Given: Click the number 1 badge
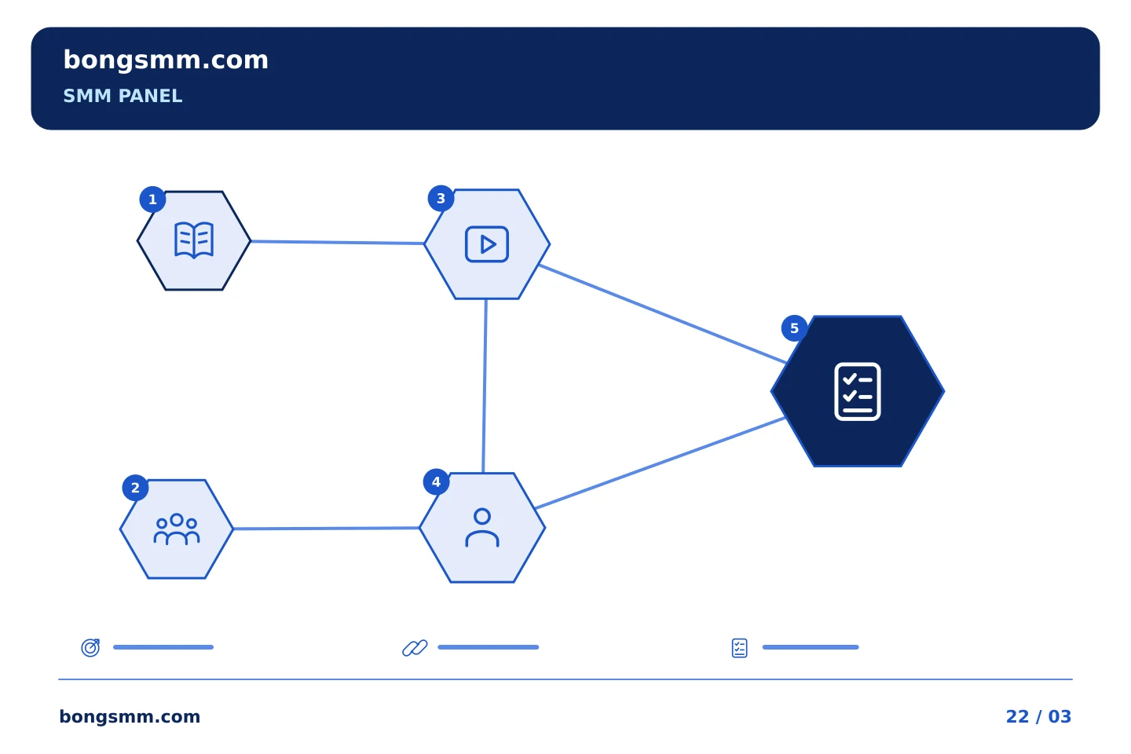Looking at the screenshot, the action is point(152,199).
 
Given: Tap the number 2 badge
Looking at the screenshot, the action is point(135,488).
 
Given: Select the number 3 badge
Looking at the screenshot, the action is point(441,199).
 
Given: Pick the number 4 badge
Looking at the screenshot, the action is point(436,481).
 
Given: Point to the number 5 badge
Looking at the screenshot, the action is point(794,328).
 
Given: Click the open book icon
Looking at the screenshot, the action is point(194,240).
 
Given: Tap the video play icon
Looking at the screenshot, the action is point(487,244).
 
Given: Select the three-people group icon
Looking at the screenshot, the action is point(177,529).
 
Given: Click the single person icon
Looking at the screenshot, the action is point(482,528).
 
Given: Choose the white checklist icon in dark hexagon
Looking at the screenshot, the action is point(858,391).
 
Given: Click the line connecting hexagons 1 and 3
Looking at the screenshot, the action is point(337,243).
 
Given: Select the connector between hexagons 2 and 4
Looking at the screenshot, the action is point(326,529).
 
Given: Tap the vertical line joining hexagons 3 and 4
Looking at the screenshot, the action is point(485,386).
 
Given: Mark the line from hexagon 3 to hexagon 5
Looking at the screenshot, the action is point(662,313).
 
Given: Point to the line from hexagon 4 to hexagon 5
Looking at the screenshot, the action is point(660,463).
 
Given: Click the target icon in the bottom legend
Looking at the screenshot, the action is point(91,647).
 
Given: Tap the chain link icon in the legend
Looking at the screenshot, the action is point(415,648).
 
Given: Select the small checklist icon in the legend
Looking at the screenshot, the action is point(740,648).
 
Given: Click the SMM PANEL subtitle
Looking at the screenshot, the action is point(123,96).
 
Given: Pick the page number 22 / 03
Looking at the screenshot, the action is point(1038,716).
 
